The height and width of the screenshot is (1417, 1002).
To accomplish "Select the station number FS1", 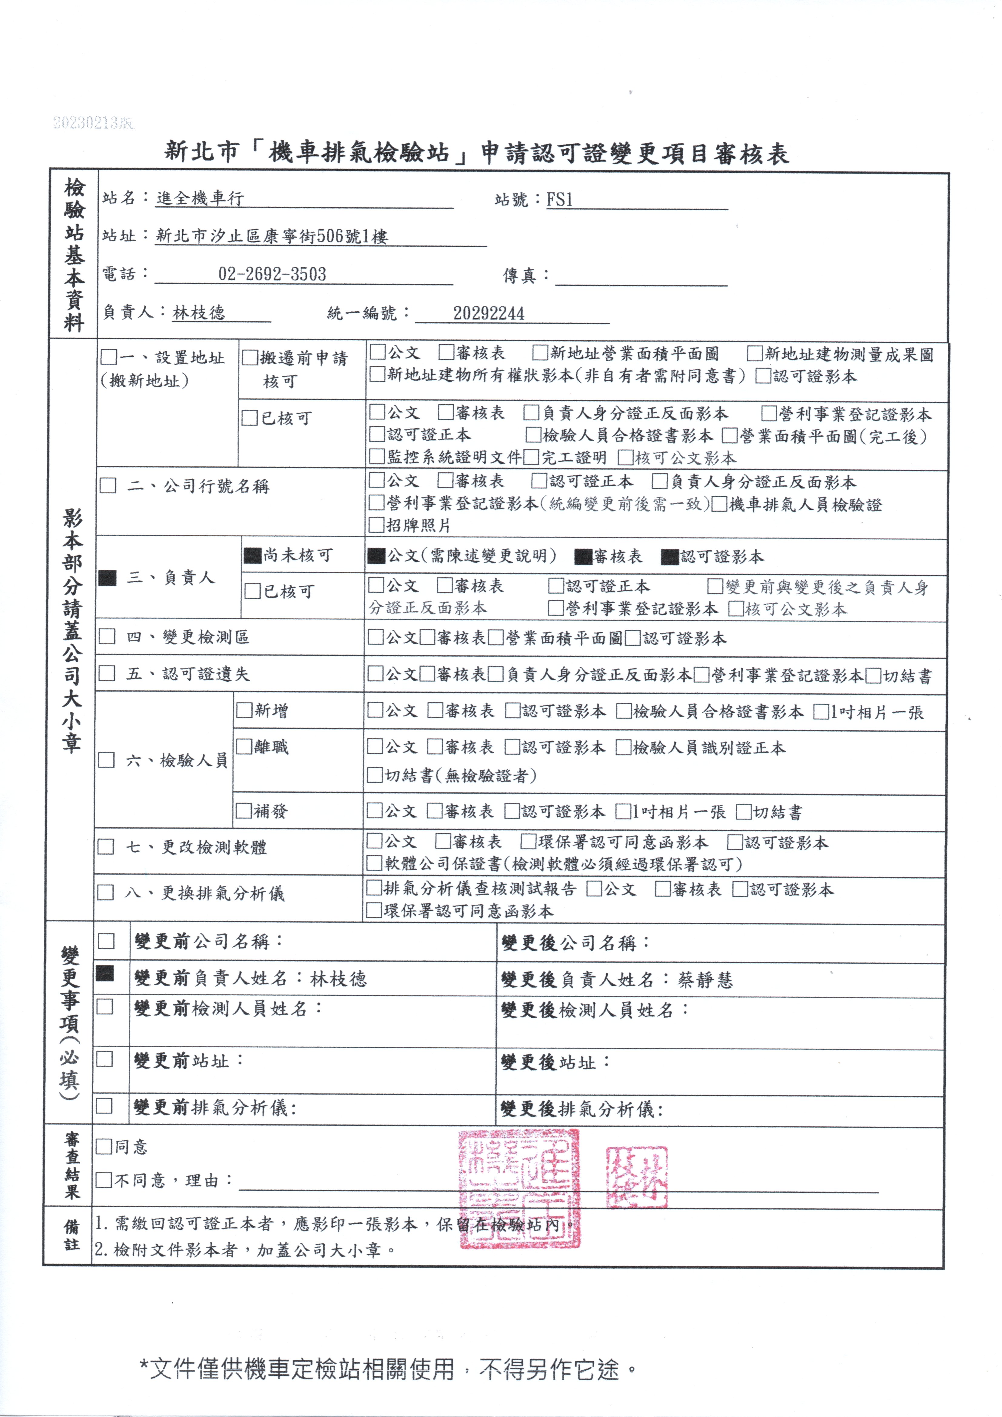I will click(560, 199).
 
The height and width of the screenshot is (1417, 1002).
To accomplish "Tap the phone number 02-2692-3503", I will click(272, 274).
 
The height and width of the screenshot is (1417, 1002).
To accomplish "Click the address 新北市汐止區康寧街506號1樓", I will click(271, 236).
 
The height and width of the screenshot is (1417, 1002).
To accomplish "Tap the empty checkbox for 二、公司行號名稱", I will click(108, 486).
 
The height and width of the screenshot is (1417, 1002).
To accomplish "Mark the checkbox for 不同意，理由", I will click(104, 1180).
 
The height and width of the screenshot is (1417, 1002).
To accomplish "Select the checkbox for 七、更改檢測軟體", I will click(106, 847).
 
